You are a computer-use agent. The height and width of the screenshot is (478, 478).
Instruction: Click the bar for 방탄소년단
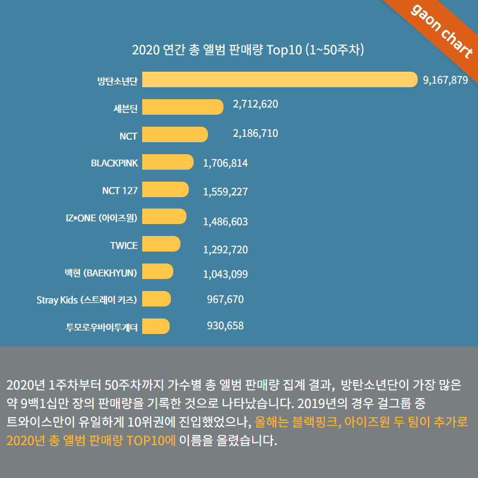pyautogui.click(x=280, y=79)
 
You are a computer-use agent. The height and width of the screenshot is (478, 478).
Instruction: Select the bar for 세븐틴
pyautogui.click(x=183, y=107)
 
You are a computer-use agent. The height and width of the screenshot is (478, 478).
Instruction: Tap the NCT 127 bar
pyautogui.click(x=166, y=189)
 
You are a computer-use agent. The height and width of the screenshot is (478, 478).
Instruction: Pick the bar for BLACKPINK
pyautogui.click(x=168, y=162)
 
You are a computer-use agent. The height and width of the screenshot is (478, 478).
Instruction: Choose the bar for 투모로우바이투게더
pyautogui.click(x=156, y=326)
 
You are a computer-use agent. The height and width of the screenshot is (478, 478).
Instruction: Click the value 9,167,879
pyautogui.click(x=445, y=81)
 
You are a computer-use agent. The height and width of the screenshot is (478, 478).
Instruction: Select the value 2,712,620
pyautogui.click(x=255, y=104)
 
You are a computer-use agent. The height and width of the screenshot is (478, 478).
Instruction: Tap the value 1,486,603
pyautogui.click(x=225, y=222)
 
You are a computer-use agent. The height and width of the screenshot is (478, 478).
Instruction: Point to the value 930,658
pyautogui.click(x=225, y=326)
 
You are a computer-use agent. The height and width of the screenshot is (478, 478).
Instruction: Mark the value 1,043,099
pyautogui.click(x=225, y=274)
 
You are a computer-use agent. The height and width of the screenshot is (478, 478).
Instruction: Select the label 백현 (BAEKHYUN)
pyautogui.click(x=101, y=272)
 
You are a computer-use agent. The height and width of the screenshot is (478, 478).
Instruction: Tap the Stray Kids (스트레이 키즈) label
pyautogui.click(x=87, y=299)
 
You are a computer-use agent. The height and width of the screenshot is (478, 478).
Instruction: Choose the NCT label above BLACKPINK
pyautogui.click(x=128, y=136)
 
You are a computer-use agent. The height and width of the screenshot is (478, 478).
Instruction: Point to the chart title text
pyautogui.click(x=248, y=49)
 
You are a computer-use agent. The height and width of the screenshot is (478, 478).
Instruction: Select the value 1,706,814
pyautogui.click(x=225, y=163)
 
